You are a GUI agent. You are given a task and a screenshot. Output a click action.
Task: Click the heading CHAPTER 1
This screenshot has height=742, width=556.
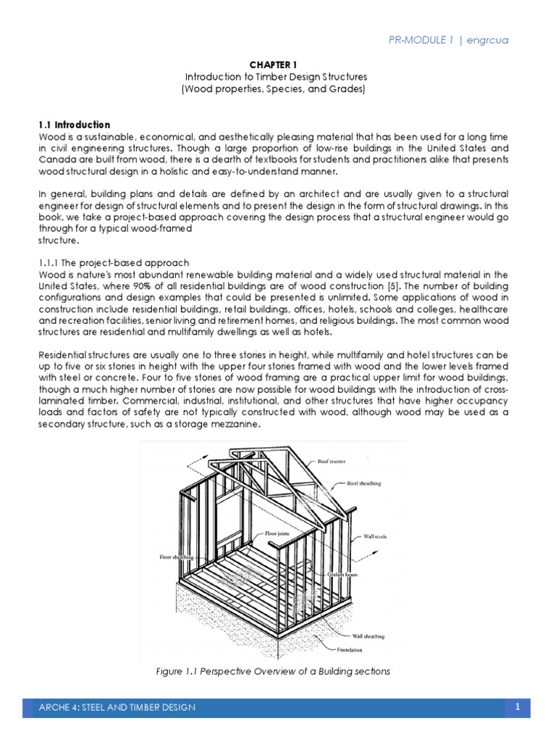coord(277,63)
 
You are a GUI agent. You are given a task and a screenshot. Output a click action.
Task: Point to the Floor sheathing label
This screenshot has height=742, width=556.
coord(172,558)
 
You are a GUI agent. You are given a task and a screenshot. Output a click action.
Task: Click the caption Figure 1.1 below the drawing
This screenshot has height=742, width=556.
coord(190,672)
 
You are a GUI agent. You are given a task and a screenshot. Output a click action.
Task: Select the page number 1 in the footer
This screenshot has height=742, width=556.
coord(518,706)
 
